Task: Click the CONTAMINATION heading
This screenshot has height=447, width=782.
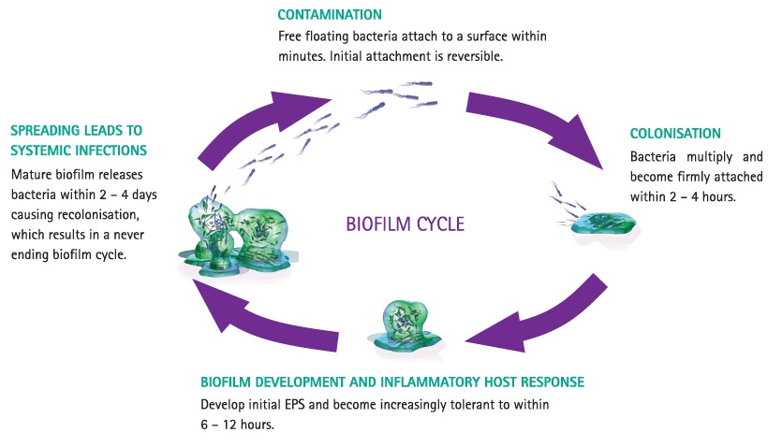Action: click(x=330, y=16)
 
